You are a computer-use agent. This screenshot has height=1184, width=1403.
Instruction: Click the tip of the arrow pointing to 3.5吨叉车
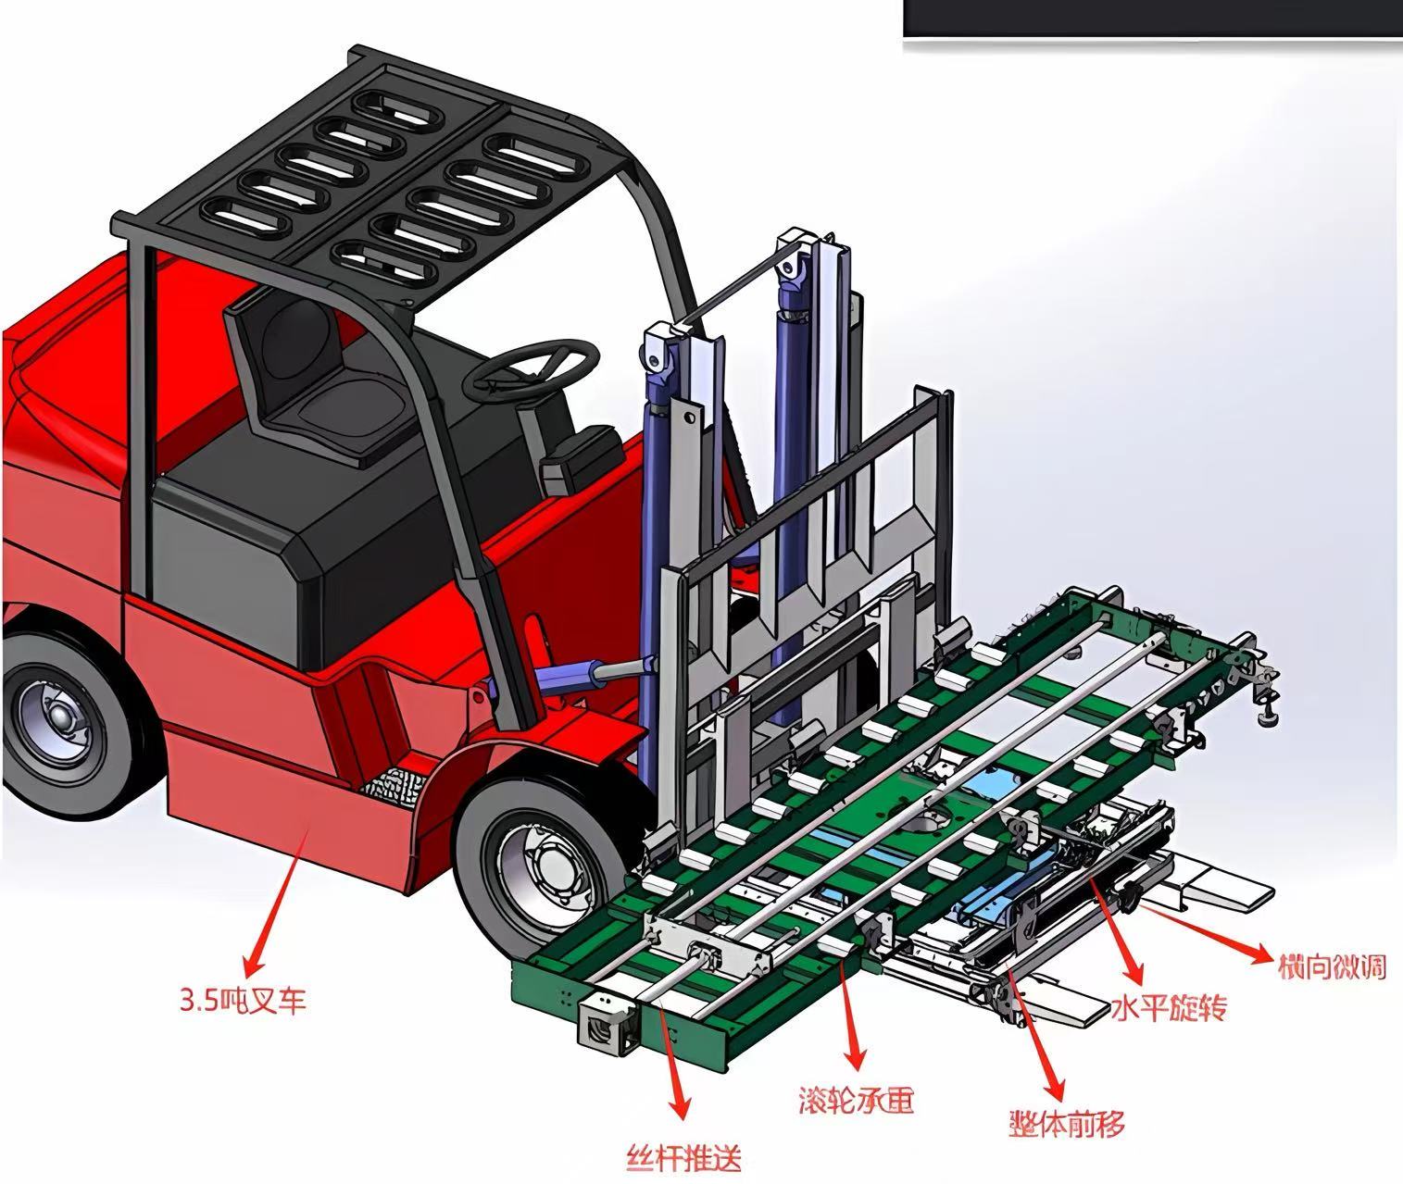coord(246,975)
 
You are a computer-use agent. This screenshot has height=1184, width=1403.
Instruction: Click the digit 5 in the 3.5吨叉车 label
coord(212,1000)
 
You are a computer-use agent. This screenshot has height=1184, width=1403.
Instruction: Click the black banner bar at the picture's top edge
coord(1152,19)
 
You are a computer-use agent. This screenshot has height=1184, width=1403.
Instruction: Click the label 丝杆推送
coord(683,1157)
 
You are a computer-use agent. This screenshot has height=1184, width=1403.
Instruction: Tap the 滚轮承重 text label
coord(856,1100)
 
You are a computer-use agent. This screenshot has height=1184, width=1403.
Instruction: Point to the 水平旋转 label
coord(1169,1007)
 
